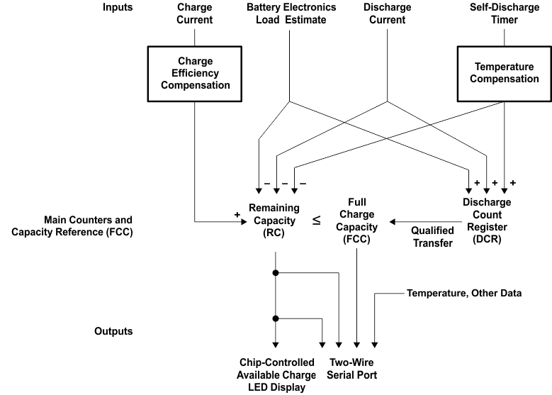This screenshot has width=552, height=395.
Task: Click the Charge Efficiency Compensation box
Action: tap(194, 73)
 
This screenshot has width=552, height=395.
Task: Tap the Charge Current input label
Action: tap(194, 13)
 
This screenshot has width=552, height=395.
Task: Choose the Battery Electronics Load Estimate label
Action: tap(286, 13)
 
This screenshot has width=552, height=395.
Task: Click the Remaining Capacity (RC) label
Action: tap(274, 219)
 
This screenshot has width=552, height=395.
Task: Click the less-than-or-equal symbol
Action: tap(317, 221)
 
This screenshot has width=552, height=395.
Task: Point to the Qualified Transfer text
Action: tap(432, 238)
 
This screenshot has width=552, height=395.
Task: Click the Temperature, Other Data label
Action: tap(464, 293)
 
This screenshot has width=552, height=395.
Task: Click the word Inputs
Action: tap(118, 8)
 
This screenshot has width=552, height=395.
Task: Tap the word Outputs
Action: tap(114, 331)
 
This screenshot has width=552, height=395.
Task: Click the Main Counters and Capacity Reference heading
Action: tap(72, 226)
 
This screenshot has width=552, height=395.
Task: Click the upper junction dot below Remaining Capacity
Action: tap(274, 272)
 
